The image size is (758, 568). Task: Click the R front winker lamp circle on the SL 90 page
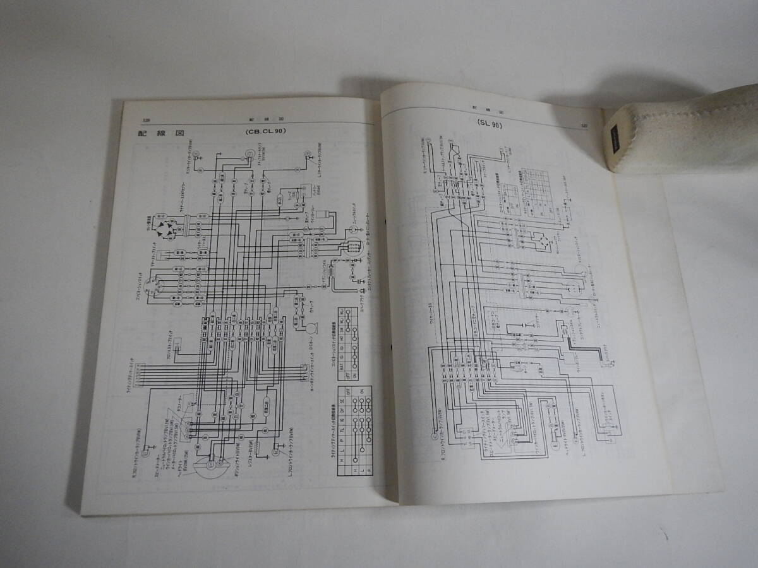click(435, 435)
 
